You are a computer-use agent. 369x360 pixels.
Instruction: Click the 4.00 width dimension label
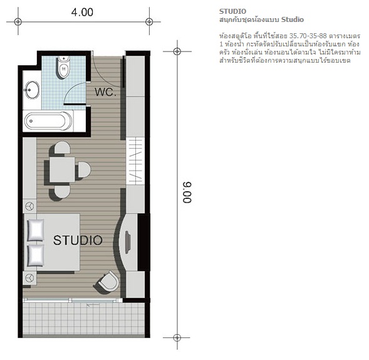pos(82,13)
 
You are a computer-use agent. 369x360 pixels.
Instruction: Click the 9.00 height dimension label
pos(187,193)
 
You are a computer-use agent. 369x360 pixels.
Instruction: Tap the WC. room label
pos(105,92)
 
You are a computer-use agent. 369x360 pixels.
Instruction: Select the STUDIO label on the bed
pos(78,240)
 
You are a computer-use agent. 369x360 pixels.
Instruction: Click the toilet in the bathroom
pos(63,66)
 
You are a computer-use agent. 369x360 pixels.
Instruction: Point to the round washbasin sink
pos(32,90)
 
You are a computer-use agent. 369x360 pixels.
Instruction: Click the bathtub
pos(48,121)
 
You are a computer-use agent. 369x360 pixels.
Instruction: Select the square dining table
pos(63,169)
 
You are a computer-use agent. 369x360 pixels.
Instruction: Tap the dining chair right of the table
pos(84,169)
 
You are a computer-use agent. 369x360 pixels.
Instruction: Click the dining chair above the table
pos(63,148)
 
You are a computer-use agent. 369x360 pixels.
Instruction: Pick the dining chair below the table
pos(63,191)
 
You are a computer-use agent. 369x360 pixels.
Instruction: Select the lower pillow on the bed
pos(36,255)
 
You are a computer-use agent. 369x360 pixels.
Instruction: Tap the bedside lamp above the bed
pos(30,206)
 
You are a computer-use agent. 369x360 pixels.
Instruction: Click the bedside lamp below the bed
pos(30,278)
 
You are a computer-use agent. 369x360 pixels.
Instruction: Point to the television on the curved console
pos(128,243)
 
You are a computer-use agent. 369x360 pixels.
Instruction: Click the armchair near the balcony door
pos(109,281)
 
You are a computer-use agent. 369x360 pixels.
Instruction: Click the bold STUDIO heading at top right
pos(232,11)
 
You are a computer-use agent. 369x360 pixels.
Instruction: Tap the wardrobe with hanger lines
pos(135,161)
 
